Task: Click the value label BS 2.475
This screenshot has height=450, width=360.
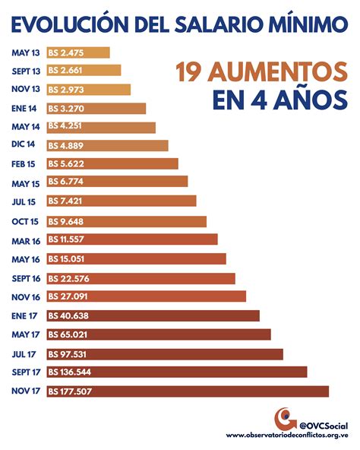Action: (x=65, y=52)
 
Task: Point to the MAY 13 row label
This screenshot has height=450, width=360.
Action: (x=25, y=52)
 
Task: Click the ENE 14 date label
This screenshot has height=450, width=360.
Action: (x=25, y=109)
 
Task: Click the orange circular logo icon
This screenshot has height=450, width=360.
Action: (x=286, y=418)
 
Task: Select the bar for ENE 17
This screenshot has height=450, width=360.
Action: (x=153, y=315)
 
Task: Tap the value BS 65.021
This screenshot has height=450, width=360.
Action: (x=68, y=334)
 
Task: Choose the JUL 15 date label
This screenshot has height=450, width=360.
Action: (x=25, y=202)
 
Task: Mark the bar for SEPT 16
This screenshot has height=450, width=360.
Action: (x=141, y=278)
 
